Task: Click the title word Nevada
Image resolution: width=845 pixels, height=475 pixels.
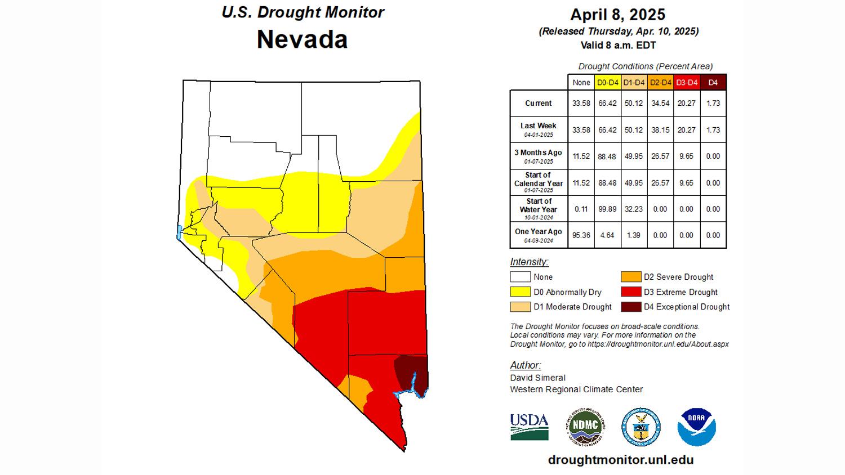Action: pos(302,39)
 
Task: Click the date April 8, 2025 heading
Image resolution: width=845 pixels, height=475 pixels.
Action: pos(617,15)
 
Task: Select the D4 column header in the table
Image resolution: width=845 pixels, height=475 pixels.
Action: pos(713,82)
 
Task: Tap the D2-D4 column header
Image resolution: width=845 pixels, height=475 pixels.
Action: pos(660,82)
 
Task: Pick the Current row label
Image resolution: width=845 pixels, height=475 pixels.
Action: pos(538,103)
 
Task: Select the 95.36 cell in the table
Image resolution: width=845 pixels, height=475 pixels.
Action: pos(581,235)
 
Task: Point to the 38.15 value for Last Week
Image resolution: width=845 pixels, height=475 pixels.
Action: pos(660,129)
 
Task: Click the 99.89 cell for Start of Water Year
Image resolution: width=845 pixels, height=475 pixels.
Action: pos(607,209)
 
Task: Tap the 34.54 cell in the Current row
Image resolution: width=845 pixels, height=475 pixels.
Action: pos(660,103)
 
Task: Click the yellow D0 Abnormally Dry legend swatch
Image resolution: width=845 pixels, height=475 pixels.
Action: pos(520,292)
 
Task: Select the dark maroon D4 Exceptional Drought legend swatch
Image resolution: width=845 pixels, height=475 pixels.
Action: pos(630,307)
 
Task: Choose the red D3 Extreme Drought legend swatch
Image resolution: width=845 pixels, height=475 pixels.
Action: pos(630,292)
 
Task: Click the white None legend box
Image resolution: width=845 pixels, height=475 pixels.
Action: pos(520,276)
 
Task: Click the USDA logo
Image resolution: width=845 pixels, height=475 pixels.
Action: pos(529,427)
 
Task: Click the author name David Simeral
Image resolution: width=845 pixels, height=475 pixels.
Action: pos(537,378)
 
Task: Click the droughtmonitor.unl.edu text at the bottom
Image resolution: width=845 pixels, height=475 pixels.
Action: pos(620,460)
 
